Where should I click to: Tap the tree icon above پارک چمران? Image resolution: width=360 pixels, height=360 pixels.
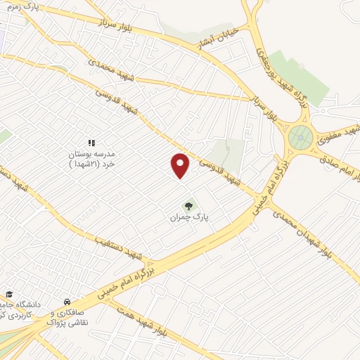(188, 206)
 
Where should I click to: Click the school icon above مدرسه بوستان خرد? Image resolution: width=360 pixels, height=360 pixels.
(91, 143)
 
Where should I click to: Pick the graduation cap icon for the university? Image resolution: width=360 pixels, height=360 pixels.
(9, 295)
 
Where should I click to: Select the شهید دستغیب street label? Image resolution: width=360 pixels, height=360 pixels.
(118, 245)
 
